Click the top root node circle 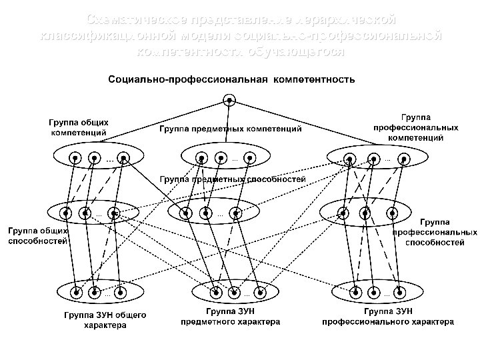tap(229, 101)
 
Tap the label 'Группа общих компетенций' tap(79, 127)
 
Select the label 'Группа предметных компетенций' tap(230, 128)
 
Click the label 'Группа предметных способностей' tap(233, 179)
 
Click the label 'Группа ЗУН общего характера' tap(105, 320)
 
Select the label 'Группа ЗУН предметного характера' tap(231, 316)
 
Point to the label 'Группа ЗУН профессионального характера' tap(389, 316)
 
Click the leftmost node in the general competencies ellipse tap(75, 159)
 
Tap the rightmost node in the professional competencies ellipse tap(403, 159)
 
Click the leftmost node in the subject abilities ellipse tap(187, 213)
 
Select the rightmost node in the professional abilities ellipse tap(393, 213)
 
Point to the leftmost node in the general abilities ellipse tap(67, 213)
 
